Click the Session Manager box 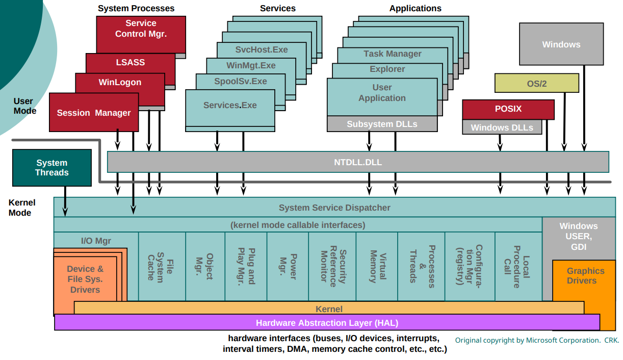click(x=94, y=113)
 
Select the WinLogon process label click(x=120, y=82)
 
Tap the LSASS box click(x=131, y=62)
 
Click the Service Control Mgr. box click(x=141, y=29)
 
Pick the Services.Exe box click(x=230, y=105)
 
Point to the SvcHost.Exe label click(x=261, y=49)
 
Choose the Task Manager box click(x=392, y=54)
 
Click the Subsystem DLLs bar click(x=382, y=124)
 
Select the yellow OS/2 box click(x=536, y=83)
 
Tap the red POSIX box click(x=508, y=109)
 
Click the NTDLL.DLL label click(x=358, y=162)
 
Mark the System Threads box click(x=51, y=168)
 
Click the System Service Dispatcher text click(x=334, y=208)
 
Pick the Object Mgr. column click(x=205, y=266)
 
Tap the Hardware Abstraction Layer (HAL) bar click(x=327, y=323)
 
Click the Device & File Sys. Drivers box click(x=85, y=279)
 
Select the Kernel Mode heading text click(x=20, y=208)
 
